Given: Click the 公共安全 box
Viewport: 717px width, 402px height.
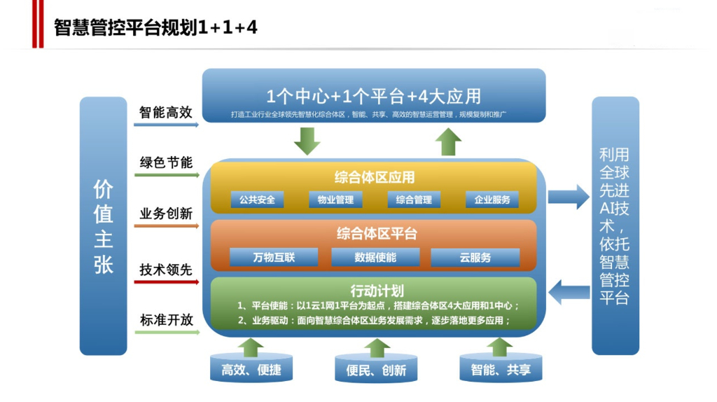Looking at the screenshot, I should [257, 200].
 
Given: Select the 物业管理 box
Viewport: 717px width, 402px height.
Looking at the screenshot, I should [335, 200].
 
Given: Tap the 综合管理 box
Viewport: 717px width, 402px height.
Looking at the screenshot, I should [414, 200].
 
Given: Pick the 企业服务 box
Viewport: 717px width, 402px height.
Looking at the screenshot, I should [492, 200].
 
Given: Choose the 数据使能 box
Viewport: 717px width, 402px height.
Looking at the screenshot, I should [375, 257].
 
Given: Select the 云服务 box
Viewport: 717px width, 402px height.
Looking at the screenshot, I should [475, 257].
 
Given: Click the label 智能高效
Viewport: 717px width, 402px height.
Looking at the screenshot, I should [166, 112].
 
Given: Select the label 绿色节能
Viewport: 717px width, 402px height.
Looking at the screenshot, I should [166, 162].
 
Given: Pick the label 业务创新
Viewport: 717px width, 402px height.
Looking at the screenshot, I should [166, 214].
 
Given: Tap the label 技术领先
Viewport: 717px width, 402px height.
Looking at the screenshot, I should [166, 270].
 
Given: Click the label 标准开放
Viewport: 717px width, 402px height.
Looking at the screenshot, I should [166, 320].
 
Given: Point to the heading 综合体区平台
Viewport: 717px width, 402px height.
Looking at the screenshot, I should [376, 233].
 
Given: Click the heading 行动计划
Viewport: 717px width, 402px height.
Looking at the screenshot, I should [376, 290].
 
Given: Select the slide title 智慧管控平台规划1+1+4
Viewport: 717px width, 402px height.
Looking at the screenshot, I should [155, 27].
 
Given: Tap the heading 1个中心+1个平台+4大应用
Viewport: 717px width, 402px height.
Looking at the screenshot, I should [373, 95].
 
